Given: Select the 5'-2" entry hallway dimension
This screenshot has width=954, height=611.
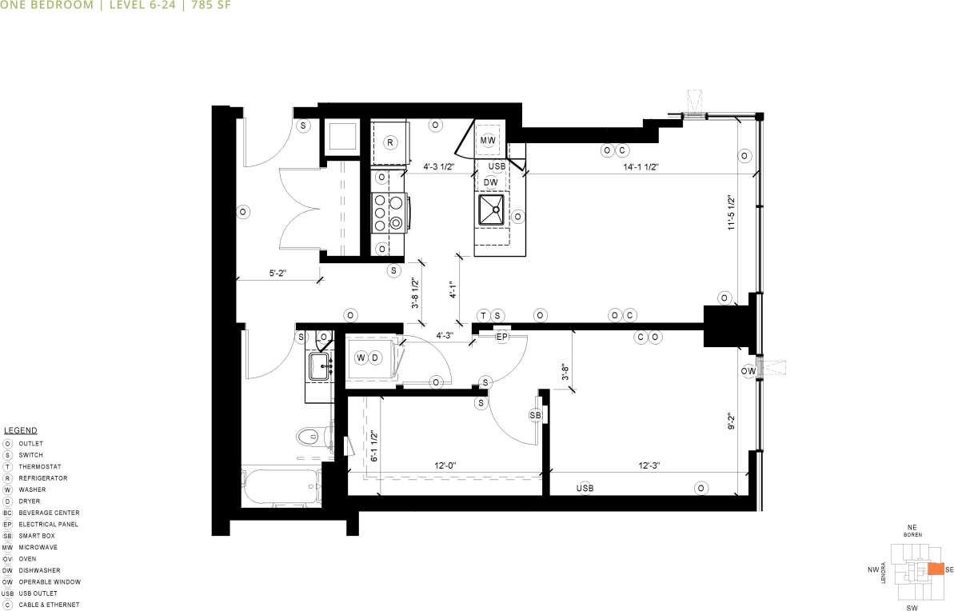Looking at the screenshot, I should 277,274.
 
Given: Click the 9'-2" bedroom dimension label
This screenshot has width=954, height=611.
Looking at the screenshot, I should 728,421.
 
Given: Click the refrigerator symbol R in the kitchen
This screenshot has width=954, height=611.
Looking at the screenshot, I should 390,142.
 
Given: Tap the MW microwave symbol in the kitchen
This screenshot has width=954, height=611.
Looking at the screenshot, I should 489,141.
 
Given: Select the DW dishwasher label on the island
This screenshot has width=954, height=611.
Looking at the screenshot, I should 491,182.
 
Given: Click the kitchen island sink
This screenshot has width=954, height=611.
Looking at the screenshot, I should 491,211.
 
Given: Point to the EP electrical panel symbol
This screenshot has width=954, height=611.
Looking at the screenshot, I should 502,337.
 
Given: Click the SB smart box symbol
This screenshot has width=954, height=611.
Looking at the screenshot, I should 536,416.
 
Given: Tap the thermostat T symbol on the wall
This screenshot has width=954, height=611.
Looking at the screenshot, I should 483,315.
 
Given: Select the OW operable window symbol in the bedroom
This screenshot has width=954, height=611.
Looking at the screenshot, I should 748,371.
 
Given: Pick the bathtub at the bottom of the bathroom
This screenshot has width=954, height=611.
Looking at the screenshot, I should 281,486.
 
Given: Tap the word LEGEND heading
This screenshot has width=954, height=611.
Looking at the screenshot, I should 21,430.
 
